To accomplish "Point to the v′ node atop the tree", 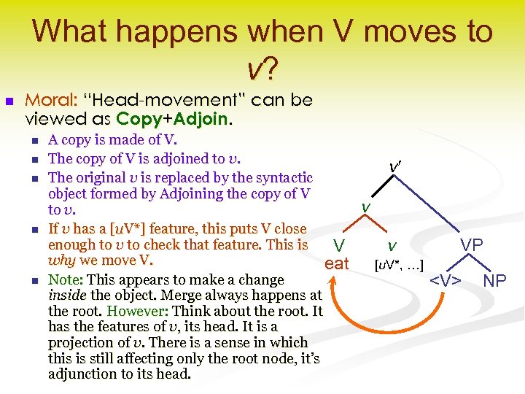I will coord(394,168).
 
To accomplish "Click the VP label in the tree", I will coord(471,245).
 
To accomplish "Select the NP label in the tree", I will coord(495,280).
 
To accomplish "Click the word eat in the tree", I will coord(337,263).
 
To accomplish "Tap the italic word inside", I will coord(66,295).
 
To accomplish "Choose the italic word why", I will coord(62,260).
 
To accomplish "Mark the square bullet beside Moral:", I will coord(9,101).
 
